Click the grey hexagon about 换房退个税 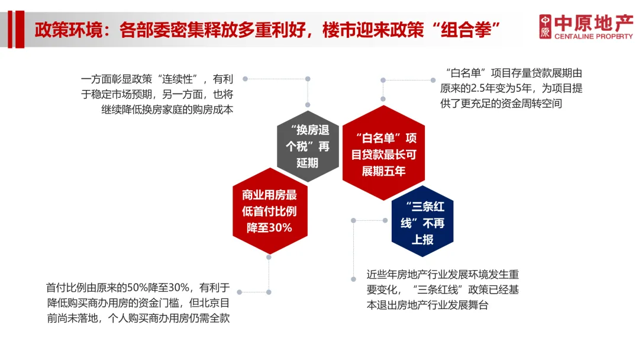307,146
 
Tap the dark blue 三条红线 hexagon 422,222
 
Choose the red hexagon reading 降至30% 269,211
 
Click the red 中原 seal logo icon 545,27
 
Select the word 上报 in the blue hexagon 422,240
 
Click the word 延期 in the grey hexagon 307,163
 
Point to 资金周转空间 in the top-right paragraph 527,104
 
